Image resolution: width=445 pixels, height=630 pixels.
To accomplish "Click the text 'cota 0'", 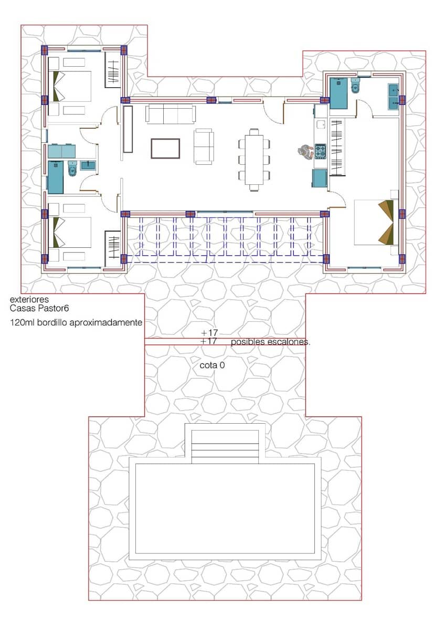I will pos(212,365).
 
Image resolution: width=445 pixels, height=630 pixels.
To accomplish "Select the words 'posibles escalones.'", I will pos(271,342).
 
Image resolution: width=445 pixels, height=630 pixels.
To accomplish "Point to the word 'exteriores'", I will pos(29,300).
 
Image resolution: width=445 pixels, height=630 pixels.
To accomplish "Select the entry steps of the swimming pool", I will pos(225,446).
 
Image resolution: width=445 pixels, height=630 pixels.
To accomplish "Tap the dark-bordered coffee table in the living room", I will pos(165,148).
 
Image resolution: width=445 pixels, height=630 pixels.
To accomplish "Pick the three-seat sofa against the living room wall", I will pos(171,113).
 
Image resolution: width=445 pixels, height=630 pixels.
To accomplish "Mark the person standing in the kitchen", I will pos(304,152).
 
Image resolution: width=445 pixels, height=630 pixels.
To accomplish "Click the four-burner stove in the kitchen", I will pos(321,152).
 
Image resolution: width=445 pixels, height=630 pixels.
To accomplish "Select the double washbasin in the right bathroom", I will pos(394,97).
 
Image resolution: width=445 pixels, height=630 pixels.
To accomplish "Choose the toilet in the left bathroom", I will pos(72,169).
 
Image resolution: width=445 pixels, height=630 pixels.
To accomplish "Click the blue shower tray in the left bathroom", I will pos(55,177).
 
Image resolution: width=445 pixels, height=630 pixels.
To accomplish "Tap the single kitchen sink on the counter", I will pos(321,124).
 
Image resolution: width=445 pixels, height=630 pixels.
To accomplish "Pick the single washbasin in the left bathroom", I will pos(88,165).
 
